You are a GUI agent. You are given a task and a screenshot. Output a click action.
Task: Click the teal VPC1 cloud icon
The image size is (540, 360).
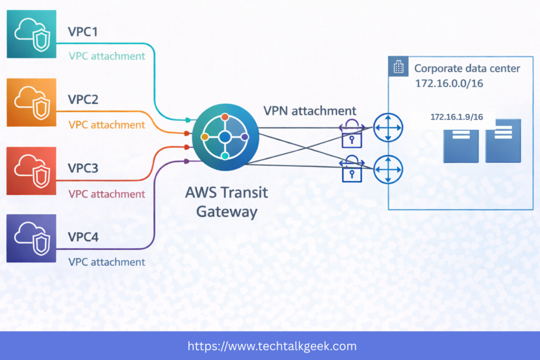tap(32, 34)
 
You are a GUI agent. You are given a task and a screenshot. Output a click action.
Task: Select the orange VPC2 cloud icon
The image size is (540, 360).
tap(32, 102)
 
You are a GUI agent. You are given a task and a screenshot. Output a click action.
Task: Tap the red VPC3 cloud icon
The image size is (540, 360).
tap(32, 171)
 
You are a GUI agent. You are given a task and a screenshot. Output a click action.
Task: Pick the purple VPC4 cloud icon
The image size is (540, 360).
tap(32, 238)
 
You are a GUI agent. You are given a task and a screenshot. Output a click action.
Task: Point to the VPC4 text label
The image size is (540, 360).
tap(83, 237)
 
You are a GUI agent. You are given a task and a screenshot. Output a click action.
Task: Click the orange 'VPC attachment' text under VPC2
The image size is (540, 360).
tap(107, 125)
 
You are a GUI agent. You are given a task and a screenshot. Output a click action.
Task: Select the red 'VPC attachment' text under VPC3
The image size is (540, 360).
tap(107, 194)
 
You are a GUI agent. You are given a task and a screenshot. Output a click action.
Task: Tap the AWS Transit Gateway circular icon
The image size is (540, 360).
tap(225, 137)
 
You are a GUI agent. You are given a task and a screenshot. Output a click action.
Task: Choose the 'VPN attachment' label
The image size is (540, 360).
tap(310, 111)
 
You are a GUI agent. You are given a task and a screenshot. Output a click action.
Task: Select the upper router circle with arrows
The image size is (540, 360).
tap(388, 127)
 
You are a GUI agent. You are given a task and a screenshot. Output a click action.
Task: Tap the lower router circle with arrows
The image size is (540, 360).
tap(388, 169)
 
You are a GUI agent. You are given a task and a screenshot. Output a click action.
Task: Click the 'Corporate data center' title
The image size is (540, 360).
tap(467, 69)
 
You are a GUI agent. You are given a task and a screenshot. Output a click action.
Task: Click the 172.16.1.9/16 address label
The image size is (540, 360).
tap(456, 117)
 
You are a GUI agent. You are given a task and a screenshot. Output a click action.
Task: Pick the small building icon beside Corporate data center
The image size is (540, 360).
tap(399, 67)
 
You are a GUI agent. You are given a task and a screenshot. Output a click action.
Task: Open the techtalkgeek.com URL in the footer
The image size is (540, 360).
tap(272, 346)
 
